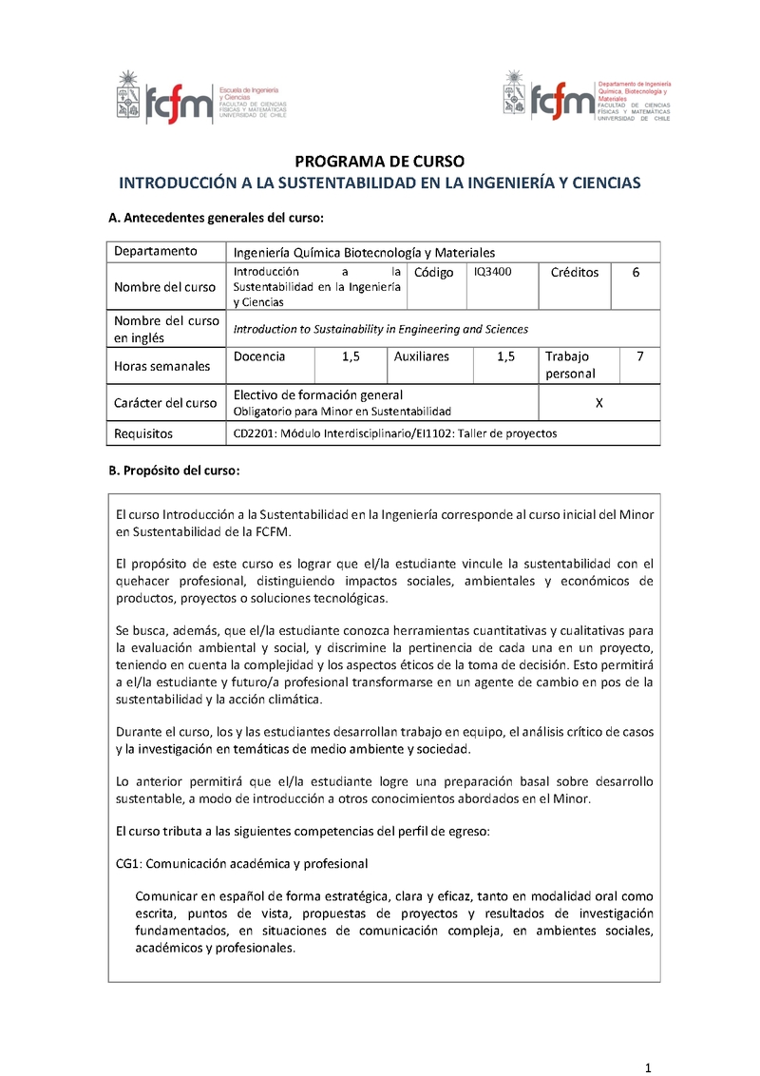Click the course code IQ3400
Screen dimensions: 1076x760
(492, 272)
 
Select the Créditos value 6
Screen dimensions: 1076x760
(636, 272)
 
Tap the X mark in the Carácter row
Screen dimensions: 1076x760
(598, 402)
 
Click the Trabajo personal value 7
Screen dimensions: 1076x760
(639, 356)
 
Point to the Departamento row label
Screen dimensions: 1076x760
(156, 251)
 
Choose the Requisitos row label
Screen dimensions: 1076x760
(143, 433)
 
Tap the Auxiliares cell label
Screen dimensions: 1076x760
(421, 356)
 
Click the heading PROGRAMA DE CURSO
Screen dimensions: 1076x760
(378, 161)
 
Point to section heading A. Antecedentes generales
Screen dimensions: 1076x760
(217, 218)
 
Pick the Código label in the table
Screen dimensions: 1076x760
(434, 273)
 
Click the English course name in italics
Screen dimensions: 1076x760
(380, 329)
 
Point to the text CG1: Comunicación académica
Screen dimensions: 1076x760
(241, 863)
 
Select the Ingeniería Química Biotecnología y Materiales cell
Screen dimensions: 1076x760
(365, 252)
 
